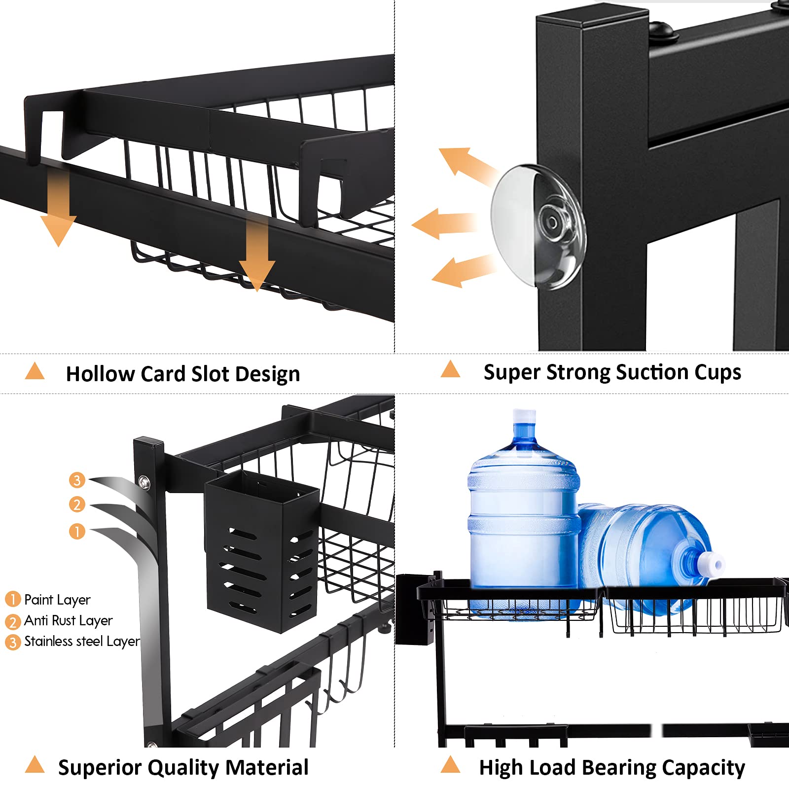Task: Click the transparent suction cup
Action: point(538,227)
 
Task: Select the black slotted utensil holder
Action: point(262,551)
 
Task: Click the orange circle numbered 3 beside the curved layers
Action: point(77,480)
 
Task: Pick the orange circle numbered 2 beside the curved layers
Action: point(77,504)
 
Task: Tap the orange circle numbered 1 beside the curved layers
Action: point(77,531)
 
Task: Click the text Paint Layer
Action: point(57,600)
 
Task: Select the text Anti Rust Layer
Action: point(68,620)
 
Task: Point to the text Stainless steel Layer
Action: point(82,641)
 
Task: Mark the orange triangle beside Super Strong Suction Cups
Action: point(450,369)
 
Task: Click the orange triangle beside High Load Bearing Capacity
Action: point(450,764)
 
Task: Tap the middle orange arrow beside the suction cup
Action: point(444,223)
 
